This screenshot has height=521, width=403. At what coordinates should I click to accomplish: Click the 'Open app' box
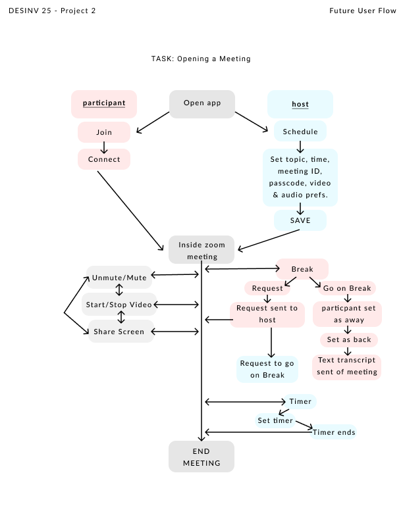click(x=202, y=104)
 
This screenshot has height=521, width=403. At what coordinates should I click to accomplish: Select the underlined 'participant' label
click(x=104, y=104)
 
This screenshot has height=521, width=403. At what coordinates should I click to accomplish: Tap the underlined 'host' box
click(x=300, y=105)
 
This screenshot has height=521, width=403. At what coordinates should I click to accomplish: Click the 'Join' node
click(x=104, y=132)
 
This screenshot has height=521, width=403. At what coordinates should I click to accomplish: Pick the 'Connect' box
click(x=104, y=159)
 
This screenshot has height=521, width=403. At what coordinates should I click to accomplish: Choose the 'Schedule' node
click(x=300, y=132)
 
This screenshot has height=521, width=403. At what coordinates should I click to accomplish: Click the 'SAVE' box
click(x=300, y=220)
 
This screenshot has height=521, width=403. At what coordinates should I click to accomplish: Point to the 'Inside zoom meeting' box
click(x=201, y=250)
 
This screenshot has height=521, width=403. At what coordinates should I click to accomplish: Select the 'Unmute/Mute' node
click(x=119, y=278)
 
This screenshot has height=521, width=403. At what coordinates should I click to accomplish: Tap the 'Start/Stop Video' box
click(x=119, y=305)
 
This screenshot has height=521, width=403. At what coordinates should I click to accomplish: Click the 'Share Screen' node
click(x=119, y=332)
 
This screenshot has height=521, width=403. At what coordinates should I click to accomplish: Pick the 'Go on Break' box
click(x=347, y=288)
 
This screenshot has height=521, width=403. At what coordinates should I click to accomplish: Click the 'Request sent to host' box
click(x=267, y=314)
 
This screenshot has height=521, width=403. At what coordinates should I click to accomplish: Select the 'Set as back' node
click(x=348, y=340)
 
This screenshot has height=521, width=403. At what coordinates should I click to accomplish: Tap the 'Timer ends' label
click(x=334, y=432)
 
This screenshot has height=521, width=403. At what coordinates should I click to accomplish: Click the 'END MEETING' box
click(x=201, y=457)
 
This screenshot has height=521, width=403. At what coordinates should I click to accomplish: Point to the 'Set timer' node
click(x=275, y=420)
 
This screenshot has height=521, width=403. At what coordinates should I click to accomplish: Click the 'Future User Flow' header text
click(x=363, y=11)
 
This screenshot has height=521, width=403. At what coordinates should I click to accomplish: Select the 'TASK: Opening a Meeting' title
click(x=201, y=59)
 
